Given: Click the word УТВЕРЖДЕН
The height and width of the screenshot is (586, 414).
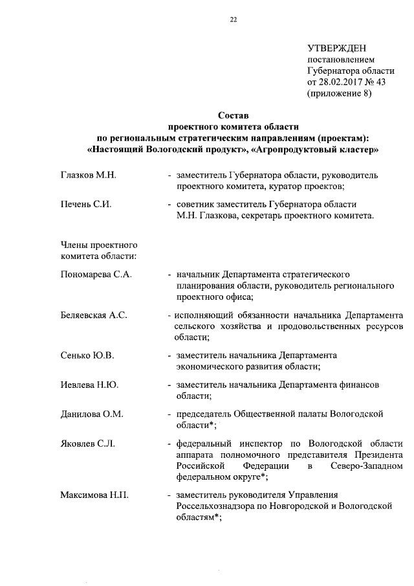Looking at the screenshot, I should pyautogui.click(x=336, y=49).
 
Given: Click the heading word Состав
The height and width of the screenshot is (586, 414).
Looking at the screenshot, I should pyautogui.click(x=232, y=116).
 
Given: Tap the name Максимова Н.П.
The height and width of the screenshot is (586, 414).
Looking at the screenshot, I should pyautogui.click(x=94, y=496).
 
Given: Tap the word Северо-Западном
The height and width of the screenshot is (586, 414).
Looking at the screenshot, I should pyautogui.click(x=365, y=466).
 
